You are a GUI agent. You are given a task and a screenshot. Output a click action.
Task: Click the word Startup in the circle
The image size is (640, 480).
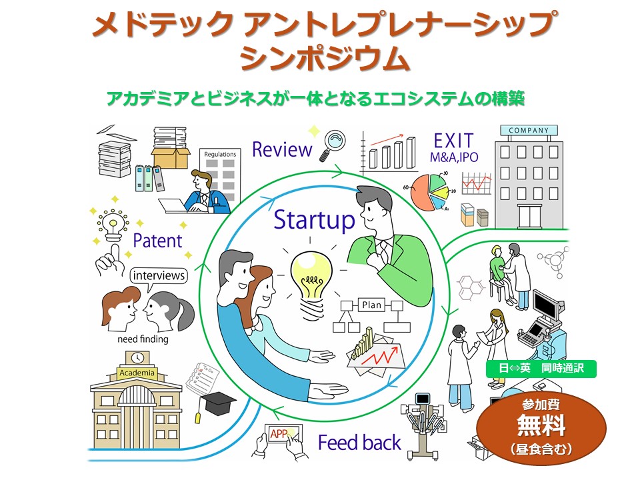coord(314,220)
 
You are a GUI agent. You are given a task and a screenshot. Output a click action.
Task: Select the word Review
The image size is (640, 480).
coord(281,149)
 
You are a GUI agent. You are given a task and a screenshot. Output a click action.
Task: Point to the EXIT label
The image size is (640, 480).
coord(453,141)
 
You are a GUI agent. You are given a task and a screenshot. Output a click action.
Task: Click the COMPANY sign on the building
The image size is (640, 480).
coord(529,131)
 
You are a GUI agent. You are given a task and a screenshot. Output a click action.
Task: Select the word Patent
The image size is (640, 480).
coord(157,241)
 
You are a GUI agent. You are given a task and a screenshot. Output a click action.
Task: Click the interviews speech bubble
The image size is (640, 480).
coord(159,275)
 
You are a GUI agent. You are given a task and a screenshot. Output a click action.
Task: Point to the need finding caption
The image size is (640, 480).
coord(143,339)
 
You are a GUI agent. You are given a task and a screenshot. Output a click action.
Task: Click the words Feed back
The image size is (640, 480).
coord(359,443)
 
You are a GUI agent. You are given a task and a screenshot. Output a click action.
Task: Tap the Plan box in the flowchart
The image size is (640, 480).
coord(371,305)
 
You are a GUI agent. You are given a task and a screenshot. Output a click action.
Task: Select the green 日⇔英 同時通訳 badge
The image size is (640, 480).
coord(541,368)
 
